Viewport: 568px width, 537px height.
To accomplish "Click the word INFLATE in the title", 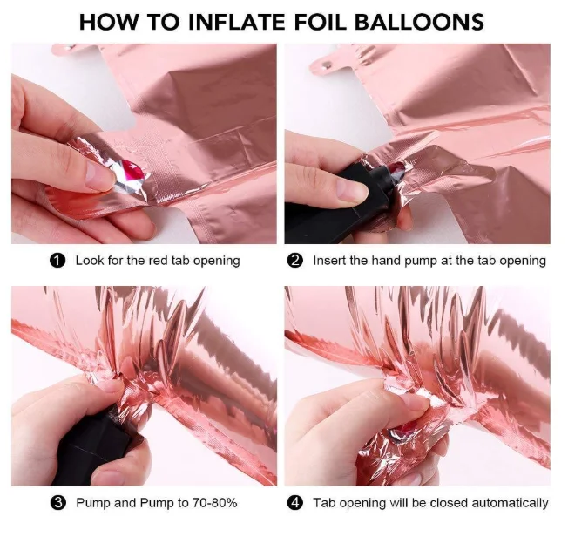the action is point(237,22).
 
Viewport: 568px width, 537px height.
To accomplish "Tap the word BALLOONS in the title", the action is point(419,22).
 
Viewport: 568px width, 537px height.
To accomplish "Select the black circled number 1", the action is point(57,261).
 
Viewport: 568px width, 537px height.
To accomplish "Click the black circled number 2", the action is point(294,261).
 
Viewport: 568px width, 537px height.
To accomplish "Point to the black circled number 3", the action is point(58,503).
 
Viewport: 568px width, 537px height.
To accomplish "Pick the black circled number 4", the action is point(295,503).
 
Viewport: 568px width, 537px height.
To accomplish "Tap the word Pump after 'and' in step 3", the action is point(157,504).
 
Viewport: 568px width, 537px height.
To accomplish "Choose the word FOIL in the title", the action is point(320,22).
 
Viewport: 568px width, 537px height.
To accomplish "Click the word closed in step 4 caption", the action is point(450,503).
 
